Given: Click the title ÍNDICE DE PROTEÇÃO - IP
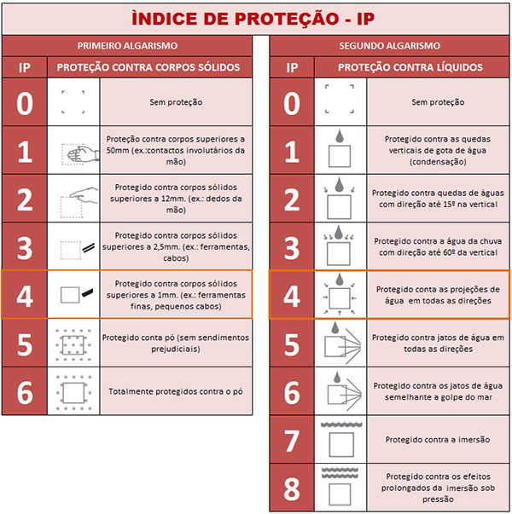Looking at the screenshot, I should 256,18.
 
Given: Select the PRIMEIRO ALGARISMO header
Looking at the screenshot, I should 128,45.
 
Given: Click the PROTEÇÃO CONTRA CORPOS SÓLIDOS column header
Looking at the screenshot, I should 148,66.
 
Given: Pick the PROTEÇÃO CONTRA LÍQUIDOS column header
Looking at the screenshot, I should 415,66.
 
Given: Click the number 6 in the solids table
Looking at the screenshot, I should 25,391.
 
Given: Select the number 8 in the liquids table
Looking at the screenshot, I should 292,489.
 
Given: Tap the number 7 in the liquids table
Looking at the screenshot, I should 292,440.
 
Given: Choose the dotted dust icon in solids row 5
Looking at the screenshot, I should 73,343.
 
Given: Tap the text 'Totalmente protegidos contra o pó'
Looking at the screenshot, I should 177,392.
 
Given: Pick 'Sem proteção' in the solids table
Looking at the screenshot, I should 177,102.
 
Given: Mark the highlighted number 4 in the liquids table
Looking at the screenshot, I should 292,296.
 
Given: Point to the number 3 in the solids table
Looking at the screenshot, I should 25,247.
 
